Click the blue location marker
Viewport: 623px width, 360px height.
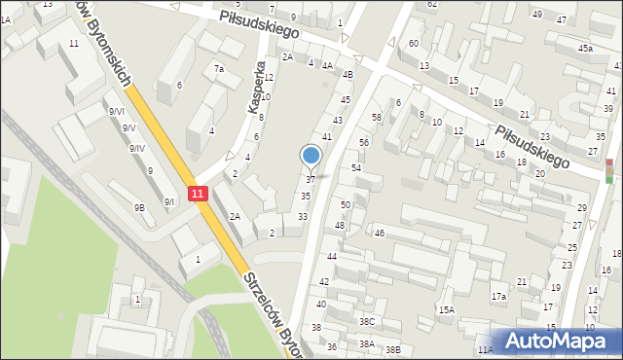[311, 155]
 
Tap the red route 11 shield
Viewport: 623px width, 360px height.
[198, 194]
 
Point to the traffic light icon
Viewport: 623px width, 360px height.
[609, 171]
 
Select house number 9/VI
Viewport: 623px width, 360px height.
[117, 112]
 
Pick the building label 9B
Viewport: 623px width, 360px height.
[140, 207]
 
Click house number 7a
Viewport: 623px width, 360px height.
[220, 69]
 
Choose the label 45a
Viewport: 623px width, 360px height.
[584, 48]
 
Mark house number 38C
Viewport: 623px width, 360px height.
[366, 322]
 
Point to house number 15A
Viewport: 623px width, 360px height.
[446, 309]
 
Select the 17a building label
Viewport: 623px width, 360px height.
[498, 296]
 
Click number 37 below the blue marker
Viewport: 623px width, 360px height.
[311, 180]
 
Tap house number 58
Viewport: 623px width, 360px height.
[376, 118]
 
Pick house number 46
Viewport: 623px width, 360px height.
[380, 234]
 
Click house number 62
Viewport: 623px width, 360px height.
[432, 4]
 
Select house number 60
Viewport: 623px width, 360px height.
[414, 44]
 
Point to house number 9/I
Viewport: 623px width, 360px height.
[169, 201]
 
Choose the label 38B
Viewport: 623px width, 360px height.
[392, 349]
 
